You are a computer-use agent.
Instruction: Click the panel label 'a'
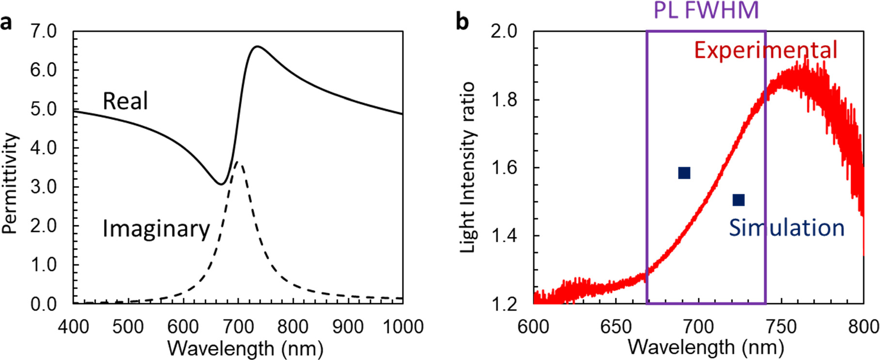pyautogui.click(x=6, y=23)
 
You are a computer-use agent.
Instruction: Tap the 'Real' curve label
pyautogui.click(x=125, y=101)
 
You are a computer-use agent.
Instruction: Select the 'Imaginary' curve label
pyautogui.click(x=156, y=228)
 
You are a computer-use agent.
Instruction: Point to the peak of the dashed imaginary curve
pyautogui.click(x=237, y=162)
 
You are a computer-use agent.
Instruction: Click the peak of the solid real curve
pyautogui.click(x=257, y=47)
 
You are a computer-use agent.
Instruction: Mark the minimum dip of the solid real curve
pyautogui.click(x=221, y=184)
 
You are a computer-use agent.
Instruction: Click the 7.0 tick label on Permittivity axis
pyautogui.click(x=44, y=32)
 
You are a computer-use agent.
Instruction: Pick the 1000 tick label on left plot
pyautogui.click(x=403, y=327)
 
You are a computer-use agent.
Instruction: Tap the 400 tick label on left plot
pyautogui.click(x=74, y=327)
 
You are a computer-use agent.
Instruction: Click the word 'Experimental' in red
pyautogui.click(x=766, y=50)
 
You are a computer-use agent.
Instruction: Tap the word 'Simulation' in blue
pyautogui.click(x=786, y=228)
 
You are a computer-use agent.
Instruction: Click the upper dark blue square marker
pyautogui.click(x=684, y=173)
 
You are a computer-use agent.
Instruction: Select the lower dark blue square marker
pyautogui.click(x=738, y=200)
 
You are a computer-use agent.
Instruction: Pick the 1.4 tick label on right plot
pyautogui.click(x=504, y=236)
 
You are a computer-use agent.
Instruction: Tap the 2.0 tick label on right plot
pyautogui.click(x=504, y=32)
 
